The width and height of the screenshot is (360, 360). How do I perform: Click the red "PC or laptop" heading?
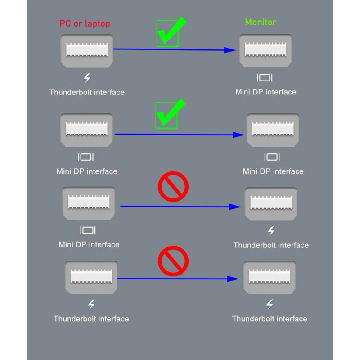pyautogui.click(x=85, y=23)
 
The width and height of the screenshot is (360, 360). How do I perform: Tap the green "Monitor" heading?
pyautogui.click(x=261, y=22)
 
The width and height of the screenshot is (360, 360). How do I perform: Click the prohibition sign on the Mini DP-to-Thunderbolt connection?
pyautogui.click(x=173, y=187)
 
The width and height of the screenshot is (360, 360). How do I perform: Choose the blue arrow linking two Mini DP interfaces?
pyautogui.click(x=180, y=134)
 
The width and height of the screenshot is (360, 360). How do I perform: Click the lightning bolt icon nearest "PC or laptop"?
pyautogui.click(x=87, y=77)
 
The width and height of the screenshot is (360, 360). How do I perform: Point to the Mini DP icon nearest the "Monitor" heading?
pyautogui.click(x=265, y=77)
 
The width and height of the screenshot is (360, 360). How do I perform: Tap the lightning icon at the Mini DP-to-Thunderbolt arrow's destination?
pyautogui.click(x=271, y=231)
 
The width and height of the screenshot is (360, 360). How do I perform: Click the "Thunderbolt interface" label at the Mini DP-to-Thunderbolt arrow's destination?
pyautogui.click(x=271, y=245)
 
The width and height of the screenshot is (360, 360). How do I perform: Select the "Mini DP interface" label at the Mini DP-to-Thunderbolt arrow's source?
pyautogui.click(x=89, y=245)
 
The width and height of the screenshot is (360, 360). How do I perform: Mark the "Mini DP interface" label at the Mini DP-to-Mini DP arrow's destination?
pyautogui.click(x=273, y=171)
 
